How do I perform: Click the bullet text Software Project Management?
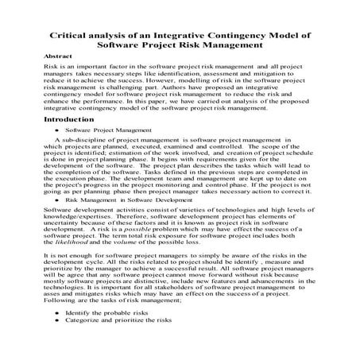click(98, 127)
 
